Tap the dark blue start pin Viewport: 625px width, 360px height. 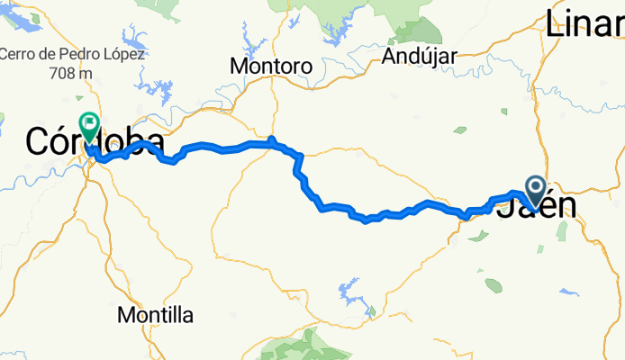pos(534,190)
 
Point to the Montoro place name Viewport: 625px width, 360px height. pos(271,67)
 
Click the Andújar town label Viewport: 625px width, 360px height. pos(421,55)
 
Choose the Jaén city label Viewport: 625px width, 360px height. pos(537,206)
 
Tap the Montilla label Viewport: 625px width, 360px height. pos(156,315)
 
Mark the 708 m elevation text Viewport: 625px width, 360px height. pos(71,71)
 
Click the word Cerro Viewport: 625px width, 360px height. pos(17,54)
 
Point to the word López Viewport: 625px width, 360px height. pos(123,54)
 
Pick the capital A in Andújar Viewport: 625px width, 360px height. pos(388,55)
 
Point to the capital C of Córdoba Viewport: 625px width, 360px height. pos(38,142)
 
